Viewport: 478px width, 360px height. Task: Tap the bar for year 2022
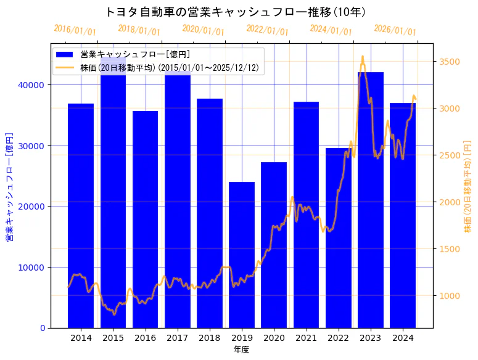pos(338,237)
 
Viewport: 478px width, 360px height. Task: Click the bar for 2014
pos(81,215)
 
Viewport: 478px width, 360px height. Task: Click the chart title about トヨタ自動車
pos(235,12)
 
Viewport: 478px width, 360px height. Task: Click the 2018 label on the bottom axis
pos(210,338)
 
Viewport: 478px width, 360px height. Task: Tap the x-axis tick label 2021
pos(306,338)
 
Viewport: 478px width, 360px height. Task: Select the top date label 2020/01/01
pos(203,30)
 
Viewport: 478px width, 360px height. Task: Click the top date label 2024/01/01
pos(331,30)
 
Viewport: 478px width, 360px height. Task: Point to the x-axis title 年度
pos(241,350)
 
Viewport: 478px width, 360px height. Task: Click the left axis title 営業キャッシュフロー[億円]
pos(10,186)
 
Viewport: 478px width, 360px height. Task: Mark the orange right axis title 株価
pos(468,186)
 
